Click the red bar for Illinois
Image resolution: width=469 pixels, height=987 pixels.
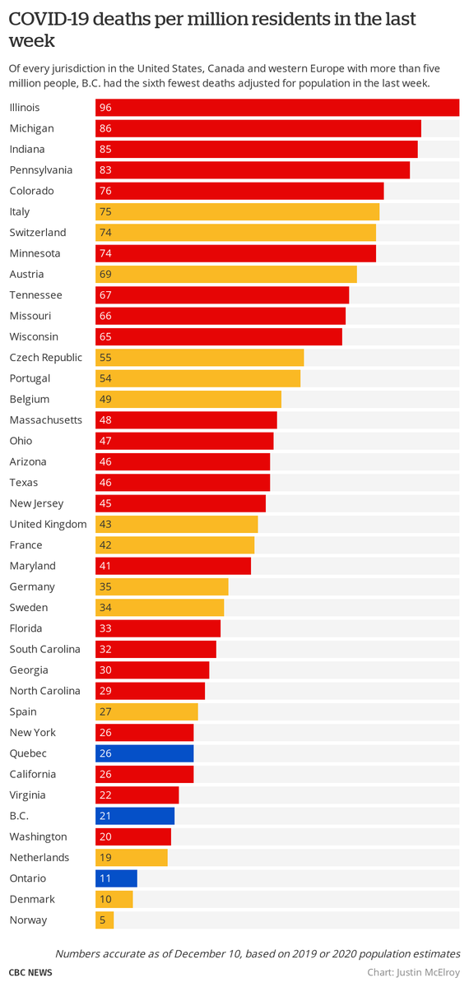click(x=277, y=108)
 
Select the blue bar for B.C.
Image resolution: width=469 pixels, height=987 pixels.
click(x=135, y=816)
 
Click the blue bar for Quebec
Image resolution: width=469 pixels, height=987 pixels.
click(x=145, y=753)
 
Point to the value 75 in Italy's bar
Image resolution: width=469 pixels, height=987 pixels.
click(x=105, y=212)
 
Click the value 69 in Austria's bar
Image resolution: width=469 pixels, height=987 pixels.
click(x=105, y=275)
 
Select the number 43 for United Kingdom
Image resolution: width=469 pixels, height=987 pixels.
click(x=105, y=525)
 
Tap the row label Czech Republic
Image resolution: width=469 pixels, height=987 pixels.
click(x=46, y=358)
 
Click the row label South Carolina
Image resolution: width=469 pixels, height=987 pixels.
click(x=45, y=649)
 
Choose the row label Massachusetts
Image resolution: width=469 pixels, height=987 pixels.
click(x=46, y=420)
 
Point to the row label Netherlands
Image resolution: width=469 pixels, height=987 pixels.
click(x=39, y=858)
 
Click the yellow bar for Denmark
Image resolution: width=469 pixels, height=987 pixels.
click(x=114, y=900)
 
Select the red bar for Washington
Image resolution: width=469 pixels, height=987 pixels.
click(x=133, y=837)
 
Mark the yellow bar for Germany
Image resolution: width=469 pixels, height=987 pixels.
click(x=162, y=587)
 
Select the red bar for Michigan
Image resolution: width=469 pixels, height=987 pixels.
click(x=258, y=129)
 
